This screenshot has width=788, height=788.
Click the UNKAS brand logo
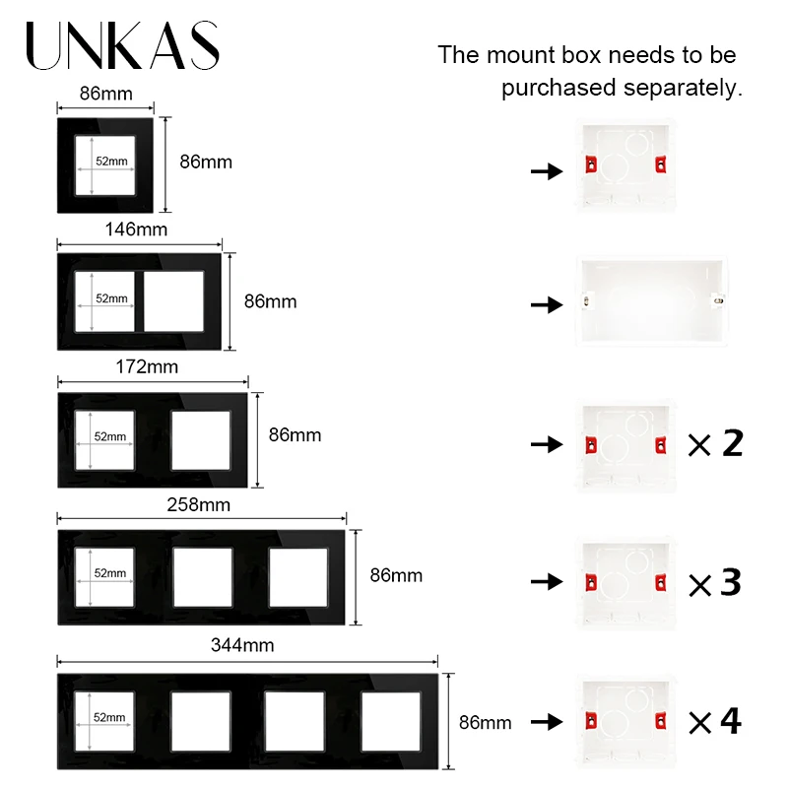tap(122, 46)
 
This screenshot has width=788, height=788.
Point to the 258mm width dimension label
tap(200, 505)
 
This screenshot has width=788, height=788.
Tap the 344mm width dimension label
tap(242, 646)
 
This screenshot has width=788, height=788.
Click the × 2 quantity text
tap(715, 444)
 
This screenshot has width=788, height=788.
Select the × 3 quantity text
tap(715, 583)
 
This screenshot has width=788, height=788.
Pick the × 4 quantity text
tap(715, 722)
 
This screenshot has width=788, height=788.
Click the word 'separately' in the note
tap(684, 88)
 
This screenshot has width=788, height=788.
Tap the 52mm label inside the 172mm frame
tap(110, 436)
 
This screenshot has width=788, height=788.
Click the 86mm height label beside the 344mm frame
tap(486, 722)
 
